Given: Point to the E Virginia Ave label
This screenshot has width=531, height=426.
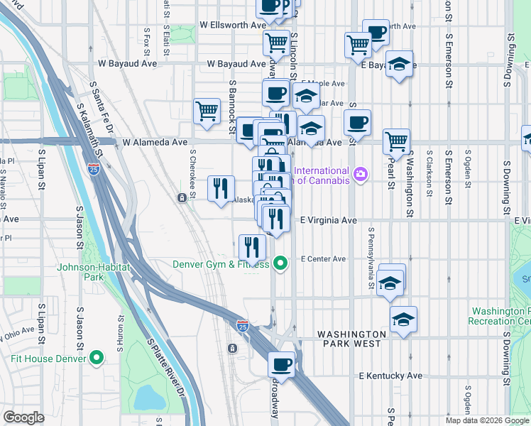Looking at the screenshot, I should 327,221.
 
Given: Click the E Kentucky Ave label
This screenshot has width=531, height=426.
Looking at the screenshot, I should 390,376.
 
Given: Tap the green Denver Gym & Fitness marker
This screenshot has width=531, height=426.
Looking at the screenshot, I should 281,264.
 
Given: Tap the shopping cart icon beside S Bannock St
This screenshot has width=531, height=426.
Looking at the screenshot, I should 206,110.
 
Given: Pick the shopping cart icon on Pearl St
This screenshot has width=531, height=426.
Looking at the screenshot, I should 396,140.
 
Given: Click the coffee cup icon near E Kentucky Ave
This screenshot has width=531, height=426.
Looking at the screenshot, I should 281,365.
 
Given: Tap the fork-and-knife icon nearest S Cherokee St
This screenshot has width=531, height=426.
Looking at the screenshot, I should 221,188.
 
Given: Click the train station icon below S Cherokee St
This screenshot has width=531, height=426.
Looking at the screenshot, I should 182,199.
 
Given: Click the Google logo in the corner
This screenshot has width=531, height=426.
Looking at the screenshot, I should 24,417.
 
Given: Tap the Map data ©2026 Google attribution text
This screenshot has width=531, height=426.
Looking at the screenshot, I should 487,420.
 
